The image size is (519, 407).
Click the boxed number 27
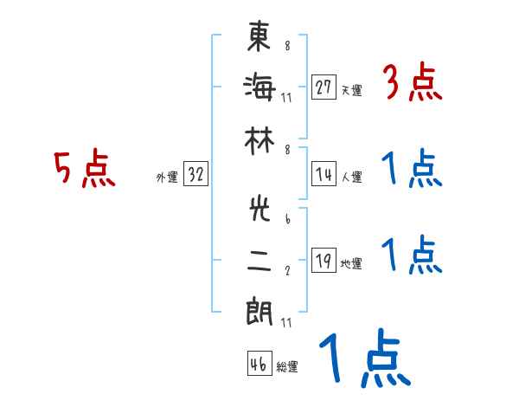click(x=324, y=87)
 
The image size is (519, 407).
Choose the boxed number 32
click(x=195, y=175)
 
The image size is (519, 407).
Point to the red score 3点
click(x=412, y=84)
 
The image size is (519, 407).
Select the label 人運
click(x=351, y=177)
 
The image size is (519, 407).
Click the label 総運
click(x=287, y=366)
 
